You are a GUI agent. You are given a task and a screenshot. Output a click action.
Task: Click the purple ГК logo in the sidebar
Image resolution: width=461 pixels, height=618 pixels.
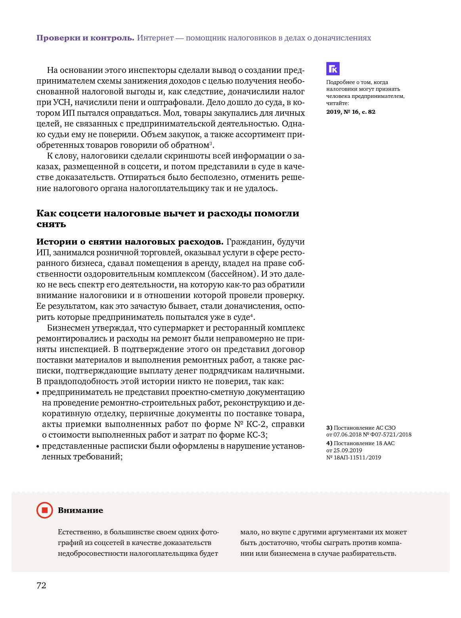tap(333, 69)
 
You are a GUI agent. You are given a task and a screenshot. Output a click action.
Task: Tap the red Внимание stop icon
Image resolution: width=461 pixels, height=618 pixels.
tap(44, 510)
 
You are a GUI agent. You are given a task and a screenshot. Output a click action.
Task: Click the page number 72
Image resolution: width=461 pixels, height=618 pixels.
tap(41, 585)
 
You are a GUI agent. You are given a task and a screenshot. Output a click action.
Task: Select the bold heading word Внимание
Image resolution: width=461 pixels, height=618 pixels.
tap(80, 511)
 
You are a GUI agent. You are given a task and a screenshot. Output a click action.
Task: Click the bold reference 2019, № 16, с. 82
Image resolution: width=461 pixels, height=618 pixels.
tap(350, 112)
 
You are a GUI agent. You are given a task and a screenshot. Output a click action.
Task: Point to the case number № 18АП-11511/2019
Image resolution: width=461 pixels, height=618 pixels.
tap(354, 457)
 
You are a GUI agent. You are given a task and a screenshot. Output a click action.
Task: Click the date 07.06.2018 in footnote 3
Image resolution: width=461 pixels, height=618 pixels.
tap(347, 434)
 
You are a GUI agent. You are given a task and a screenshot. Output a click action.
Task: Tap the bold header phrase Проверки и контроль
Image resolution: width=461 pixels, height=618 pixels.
tap(85, 38)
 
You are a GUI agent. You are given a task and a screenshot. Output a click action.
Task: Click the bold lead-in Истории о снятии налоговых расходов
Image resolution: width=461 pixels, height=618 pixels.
tap(130, 242)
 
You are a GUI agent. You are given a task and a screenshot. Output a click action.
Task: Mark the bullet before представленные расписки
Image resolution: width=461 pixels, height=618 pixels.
tap(38, 446)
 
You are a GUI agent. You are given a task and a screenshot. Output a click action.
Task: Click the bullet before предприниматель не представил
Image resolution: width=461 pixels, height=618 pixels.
tap(38, 392)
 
